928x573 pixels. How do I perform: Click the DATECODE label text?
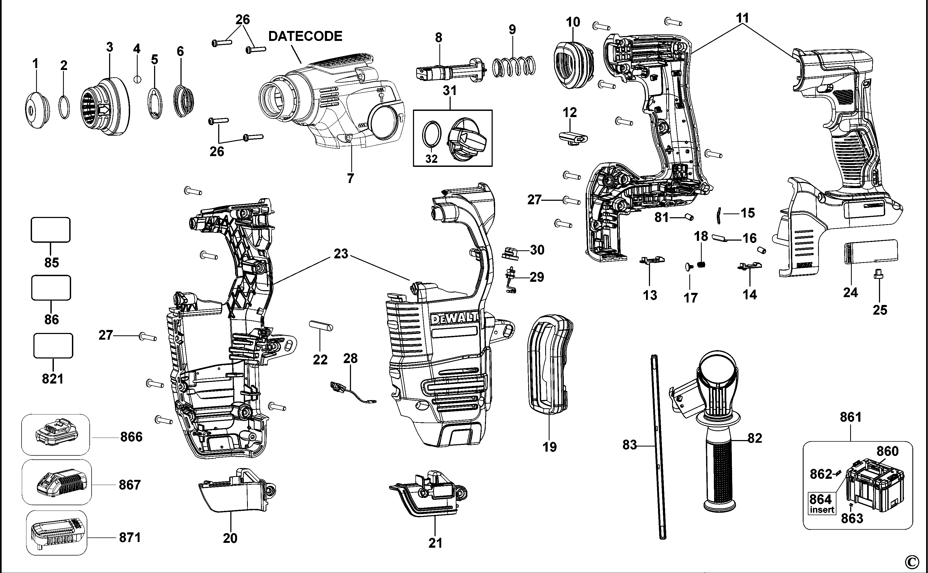pos(305,36)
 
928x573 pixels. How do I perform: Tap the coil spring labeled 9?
pos(514,67)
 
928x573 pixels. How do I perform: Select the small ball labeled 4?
pos(138,79)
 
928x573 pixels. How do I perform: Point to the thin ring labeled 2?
pos(64,108)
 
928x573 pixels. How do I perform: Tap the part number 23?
pos(340,254)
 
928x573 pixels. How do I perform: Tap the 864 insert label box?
pos(821,503)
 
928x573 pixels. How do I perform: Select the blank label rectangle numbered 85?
pos(50,230)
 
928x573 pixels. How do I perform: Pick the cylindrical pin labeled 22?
pos(321,325)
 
